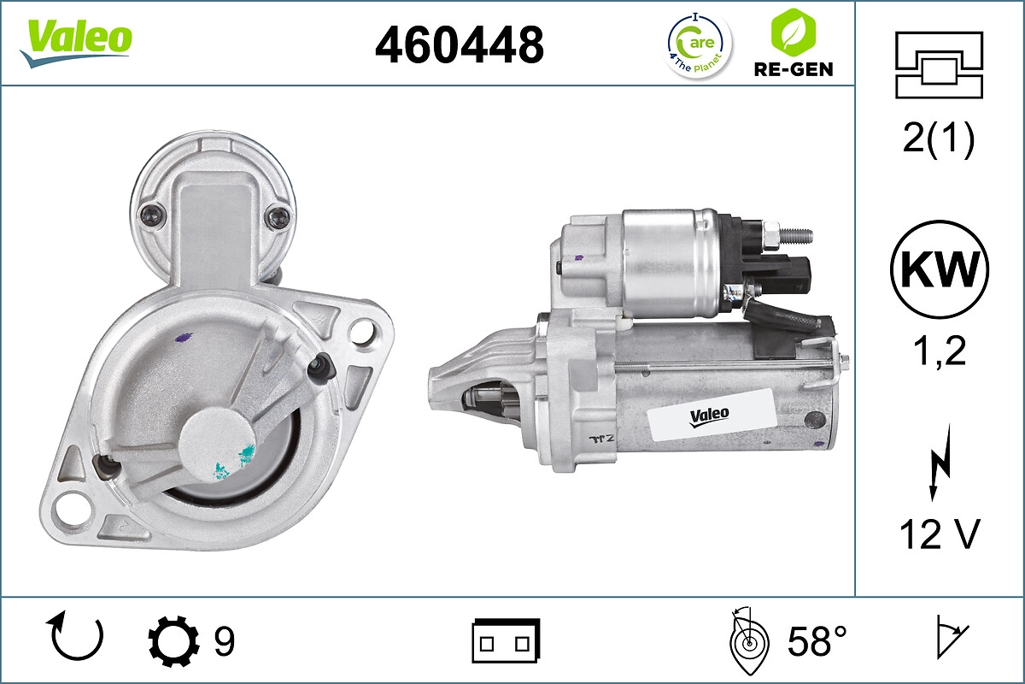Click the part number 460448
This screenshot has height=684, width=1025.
(x=460, y=44)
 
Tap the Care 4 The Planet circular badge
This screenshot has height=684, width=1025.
(x=699, y=44)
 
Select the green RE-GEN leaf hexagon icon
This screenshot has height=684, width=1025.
(x=792, y=32)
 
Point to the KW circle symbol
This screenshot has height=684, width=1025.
(x=940, y=270)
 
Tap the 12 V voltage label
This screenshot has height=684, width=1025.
(x=940, y=534)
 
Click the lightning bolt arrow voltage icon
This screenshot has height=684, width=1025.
(x=939, y=467)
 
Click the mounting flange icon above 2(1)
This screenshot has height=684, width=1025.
(x=940, y=65)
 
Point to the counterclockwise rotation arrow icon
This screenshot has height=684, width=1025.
(x=77, y=638)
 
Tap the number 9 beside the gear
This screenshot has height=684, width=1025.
(x=224, y=640)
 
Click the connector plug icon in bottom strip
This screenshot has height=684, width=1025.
(x=506, y=640)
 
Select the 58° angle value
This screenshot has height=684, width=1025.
(x=817, y=640)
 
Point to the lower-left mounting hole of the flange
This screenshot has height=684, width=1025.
(x=66, y=512)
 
